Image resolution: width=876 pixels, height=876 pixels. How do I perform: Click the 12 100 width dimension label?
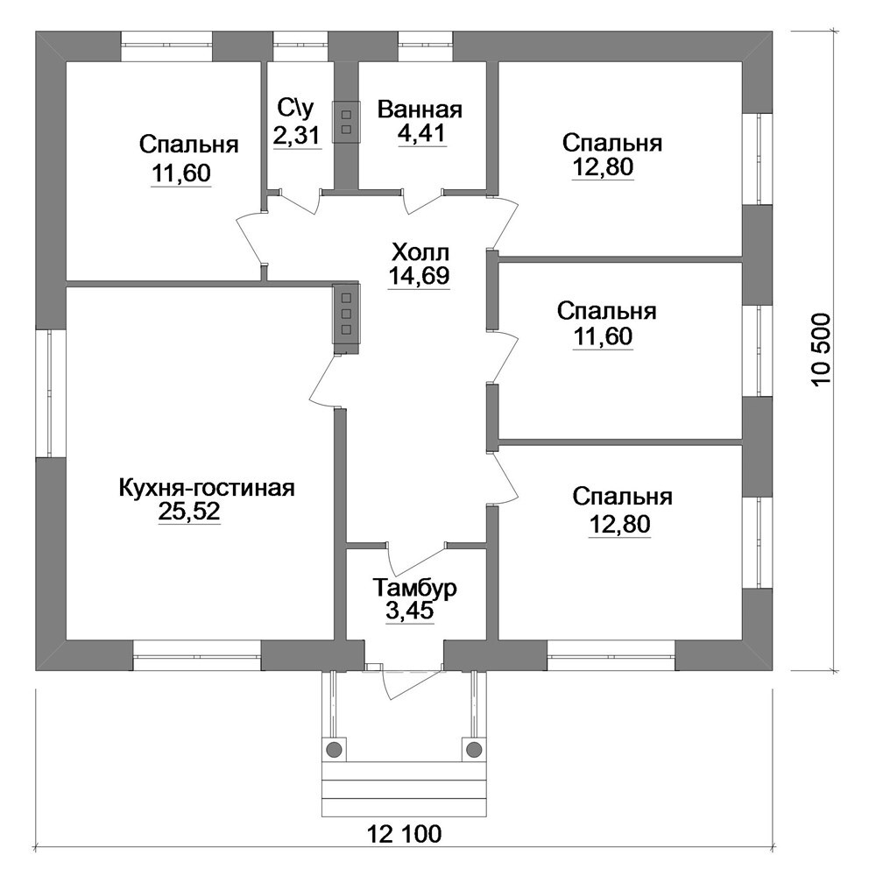(x=405, y=835)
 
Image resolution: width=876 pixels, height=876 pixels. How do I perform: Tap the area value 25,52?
(x=189, y=512)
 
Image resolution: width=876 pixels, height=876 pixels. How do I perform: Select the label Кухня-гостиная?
(x=207, y=488)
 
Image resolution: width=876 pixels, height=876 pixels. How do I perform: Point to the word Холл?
(x=420, y=253)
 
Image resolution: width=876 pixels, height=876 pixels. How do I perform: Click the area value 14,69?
(x=419, y=276)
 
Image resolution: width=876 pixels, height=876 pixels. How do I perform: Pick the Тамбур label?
(x=415, y=588)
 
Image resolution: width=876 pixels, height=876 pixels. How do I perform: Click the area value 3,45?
(x=409, y=611)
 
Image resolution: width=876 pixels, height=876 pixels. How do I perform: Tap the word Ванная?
(x=420, y=109)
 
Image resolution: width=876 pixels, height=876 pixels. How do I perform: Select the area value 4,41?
(x=422, y=133)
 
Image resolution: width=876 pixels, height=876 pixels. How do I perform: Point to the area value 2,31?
(x=297, y=135)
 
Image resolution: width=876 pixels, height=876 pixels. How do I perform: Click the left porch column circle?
(x=334, y=748)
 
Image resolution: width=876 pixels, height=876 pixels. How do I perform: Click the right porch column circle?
(x=474, y=748)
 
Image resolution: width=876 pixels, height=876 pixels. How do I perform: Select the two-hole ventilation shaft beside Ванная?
(x=346, y=122)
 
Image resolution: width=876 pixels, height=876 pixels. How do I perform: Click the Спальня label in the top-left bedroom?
(x=189, y=145)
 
